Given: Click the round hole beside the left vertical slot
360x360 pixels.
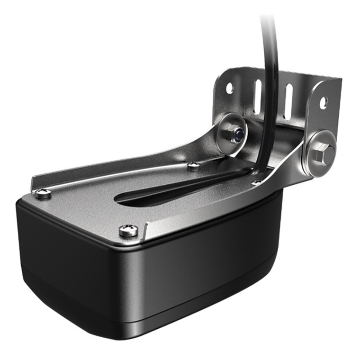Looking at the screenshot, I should coord(229,88).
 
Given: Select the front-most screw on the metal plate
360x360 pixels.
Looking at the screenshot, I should coord(128,231).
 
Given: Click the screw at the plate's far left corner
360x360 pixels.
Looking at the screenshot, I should coord(43,193).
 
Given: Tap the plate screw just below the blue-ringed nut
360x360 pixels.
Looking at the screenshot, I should coord(193,166).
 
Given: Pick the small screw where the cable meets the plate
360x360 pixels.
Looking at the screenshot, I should coord(256,182).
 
